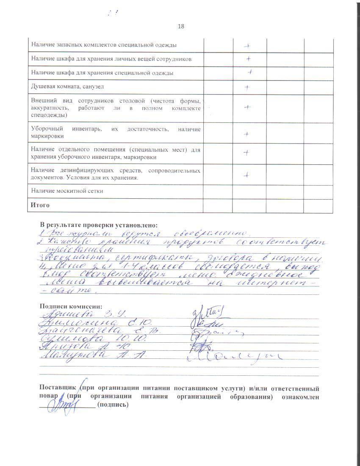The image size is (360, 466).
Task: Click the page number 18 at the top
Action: point(181,26)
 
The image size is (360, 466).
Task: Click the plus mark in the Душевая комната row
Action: point(247,87)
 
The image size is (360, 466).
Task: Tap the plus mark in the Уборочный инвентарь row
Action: point(246,134)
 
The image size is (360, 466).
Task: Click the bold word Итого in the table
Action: point(40,205)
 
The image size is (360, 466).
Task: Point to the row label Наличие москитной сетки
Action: point(67,191)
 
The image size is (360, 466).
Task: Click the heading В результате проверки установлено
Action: point(98,225)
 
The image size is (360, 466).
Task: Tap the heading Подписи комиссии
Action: point(71,306)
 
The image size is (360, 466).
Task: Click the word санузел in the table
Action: point(92,87)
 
